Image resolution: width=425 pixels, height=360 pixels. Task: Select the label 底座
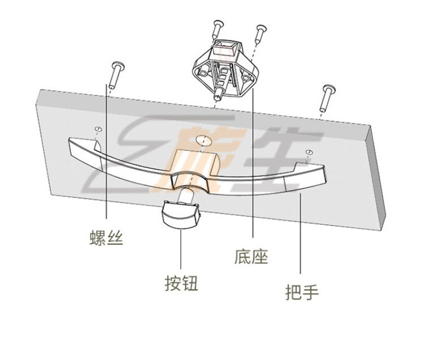(251, 256)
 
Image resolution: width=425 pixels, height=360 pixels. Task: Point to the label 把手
(301, 293)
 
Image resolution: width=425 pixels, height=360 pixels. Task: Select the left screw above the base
(218, 31)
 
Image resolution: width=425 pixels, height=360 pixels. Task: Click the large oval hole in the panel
(202, 139)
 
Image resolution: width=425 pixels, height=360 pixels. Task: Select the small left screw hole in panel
(97, 129)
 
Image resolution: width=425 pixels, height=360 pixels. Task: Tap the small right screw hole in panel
(308, 152)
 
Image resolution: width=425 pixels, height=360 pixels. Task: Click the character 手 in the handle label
(310, 293)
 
